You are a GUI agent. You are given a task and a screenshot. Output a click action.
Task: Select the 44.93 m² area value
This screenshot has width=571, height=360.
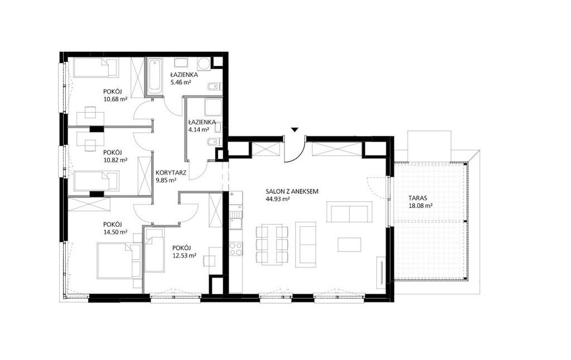pos(278,199)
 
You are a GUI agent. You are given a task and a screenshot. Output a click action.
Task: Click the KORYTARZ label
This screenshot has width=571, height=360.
pos(171,173)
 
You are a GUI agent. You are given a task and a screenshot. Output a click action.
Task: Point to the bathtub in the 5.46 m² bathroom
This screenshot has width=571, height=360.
pos(155,77)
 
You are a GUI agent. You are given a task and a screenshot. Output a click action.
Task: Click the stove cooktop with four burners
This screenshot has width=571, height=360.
pos(236,249)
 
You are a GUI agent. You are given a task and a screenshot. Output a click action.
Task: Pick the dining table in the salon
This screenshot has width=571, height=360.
pos(272,244)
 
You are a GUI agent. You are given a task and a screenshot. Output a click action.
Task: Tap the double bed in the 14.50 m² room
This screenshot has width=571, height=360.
pos(119,261)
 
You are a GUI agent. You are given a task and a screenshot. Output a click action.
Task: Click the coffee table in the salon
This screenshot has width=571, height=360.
pos(349,244)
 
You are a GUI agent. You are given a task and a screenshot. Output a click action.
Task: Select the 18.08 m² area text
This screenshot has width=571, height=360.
pos(420,206)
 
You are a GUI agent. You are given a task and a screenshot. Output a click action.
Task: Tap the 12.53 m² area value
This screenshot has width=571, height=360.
pos(184,256)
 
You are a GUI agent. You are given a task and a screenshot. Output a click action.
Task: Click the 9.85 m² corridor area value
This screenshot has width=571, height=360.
pos(166,180)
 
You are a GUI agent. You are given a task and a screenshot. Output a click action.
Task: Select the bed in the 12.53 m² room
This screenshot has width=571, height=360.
pos(154,250)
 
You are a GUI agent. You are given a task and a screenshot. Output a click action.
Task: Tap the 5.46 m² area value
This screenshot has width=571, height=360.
pos(181,82)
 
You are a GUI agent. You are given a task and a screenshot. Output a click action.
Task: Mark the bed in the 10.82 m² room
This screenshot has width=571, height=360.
pos(96,181)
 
